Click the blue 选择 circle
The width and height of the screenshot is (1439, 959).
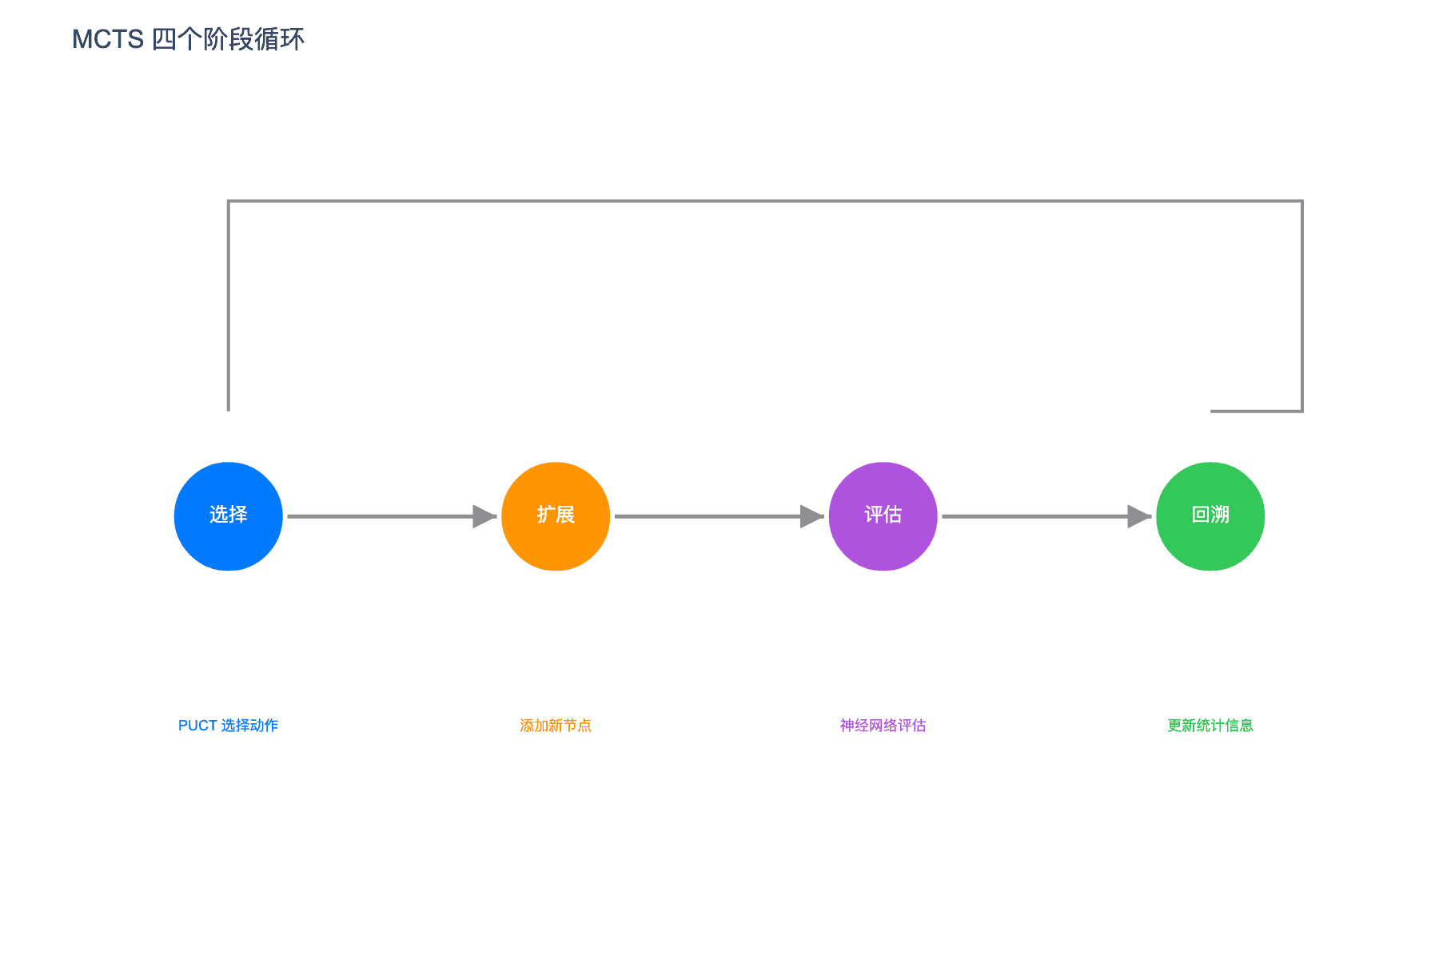[x=229, y=516]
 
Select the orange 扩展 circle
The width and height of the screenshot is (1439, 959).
[x=556, y=516]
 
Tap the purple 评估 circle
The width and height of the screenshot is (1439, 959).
[x=883, y=516]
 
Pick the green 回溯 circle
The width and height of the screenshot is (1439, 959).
[x=1210, y=516]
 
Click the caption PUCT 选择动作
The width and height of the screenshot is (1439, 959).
[x=229, y=726]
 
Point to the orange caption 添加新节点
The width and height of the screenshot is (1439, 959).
[x=556, y=726]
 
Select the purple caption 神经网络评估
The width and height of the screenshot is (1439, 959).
[x=883, y=726]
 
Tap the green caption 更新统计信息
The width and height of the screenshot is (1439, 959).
[x=1210, y=726]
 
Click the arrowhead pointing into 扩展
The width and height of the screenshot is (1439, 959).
[x=484, y=516]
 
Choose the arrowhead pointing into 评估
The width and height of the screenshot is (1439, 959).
[x=812, y=516]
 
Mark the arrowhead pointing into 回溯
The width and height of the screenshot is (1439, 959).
[x=1139, y=516]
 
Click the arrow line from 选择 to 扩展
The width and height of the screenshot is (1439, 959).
[x=392, y=516]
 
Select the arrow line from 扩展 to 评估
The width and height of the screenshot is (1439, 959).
[x=719, y=516]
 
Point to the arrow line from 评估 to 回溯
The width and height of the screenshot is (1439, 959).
[x=1046, y=516]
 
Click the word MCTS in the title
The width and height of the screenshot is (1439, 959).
[x=108, y=39]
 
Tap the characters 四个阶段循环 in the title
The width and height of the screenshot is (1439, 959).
[x=229, y=39]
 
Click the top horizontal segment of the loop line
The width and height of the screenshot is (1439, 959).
[x=766, y=201]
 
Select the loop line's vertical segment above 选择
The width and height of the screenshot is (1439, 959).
[x=229, y=306]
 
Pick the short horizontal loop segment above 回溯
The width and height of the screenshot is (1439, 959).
[x=1257, y=412]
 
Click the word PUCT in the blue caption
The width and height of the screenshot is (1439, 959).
[x=197, y=726]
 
